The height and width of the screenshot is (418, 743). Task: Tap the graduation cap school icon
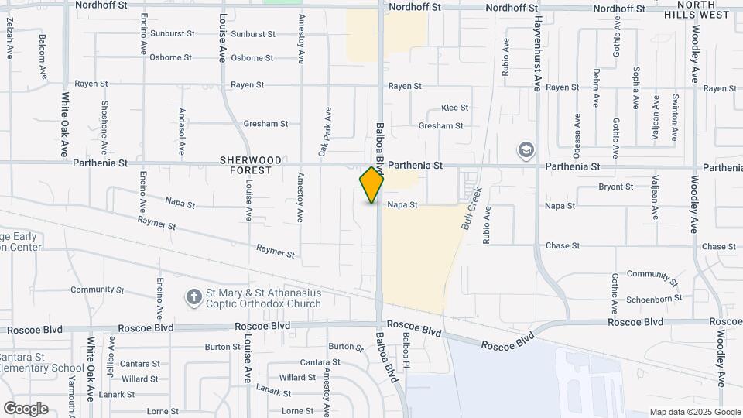[526, 149]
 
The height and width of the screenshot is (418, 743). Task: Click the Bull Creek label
[471, 207]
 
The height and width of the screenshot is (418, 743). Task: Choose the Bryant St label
[616, 187]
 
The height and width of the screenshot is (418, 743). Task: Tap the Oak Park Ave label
[328, 134]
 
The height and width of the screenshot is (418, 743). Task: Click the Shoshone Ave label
[104, 122]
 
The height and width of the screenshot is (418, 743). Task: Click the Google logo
[26, 409]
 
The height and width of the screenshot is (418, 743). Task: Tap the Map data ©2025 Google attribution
[694, 412]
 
